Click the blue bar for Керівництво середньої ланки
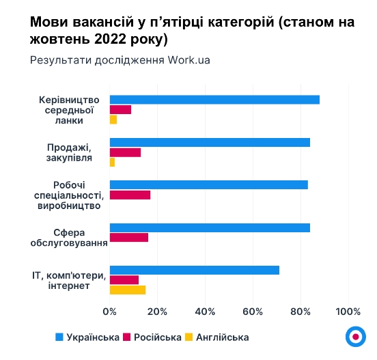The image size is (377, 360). click(x=214, y=100)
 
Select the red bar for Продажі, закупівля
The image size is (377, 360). click(x=125, y=152)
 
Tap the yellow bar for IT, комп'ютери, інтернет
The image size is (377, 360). click(x=128, y=290)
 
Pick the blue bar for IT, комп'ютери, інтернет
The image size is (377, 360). click(x=195, y=270)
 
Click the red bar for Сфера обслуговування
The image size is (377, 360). click(x=128, y=238)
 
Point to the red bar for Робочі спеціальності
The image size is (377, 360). click(x=130, y=195)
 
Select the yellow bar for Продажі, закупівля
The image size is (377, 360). click(x=112, y=163)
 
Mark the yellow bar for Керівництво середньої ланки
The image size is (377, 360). click(x=113, y=120)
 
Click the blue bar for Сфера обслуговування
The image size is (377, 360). click(x=210, y=227)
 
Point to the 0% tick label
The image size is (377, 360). click(x=110, y=313)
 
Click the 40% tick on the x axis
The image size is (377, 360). click(x=206, y=313)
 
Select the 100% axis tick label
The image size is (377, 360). click(x=348, y=313)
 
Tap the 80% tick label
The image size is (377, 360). click(x=301, y=313)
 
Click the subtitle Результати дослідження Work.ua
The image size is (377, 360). click(x=120, y=59)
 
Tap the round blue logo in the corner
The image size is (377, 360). click(x=355, y=336)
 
